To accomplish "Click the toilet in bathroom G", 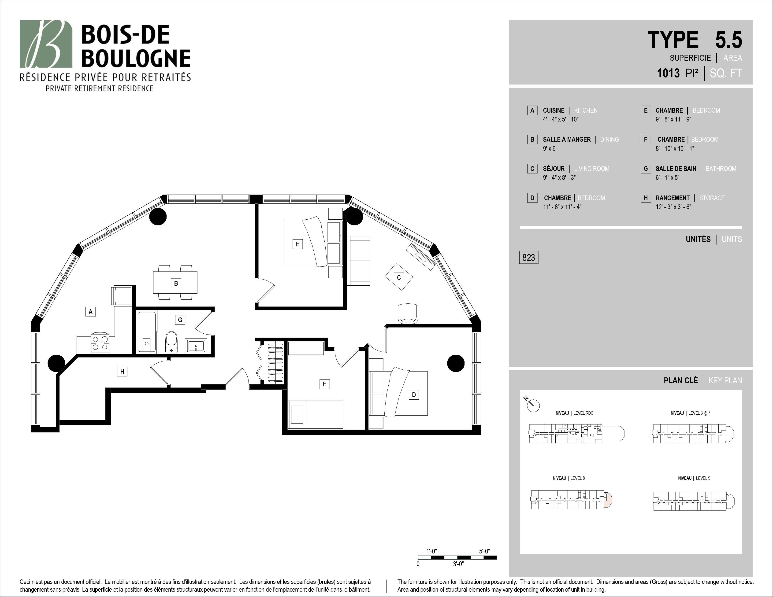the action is point(171,342).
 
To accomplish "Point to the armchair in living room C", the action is point(408,313).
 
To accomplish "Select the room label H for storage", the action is point(122,371).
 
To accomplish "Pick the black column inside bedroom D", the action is point(456,363).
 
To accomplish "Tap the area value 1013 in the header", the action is point(668,73).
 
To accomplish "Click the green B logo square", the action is point(46,44).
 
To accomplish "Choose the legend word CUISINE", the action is point(554,110).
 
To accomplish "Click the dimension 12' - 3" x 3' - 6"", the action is point(673,207).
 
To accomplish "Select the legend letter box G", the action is point(646,169).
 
